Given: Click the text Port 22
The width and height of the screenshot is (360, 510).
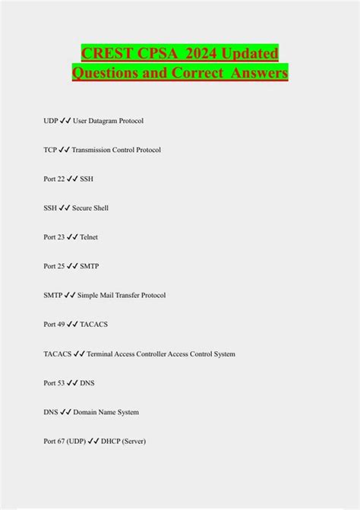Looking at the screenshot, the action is pos(54,179).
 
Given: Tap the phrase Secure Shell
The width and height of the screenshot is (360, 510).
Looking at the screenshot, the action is pos(90,208).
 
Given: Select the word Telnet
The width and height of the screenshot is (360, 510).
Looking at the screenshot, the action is pos(89,237).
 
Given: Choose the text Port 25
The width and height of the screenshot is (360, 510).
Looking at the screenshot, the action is pos(54,267).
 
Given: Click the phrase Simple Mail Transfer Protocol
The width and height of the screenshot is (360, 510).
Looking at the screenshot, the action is pos(122,296).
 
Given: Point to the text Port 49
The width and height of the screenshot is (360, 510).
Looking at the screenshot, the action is pos(54,325).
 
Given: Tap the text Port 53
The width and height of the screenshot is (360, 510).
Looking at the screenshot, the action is pos(54,383).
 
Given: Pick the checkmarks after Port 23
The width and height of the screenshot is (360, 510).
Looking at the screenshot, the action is pos(72,237).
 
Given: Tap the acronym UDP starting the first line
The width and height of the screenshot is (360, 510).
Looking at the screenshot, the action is pos(52,121).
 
